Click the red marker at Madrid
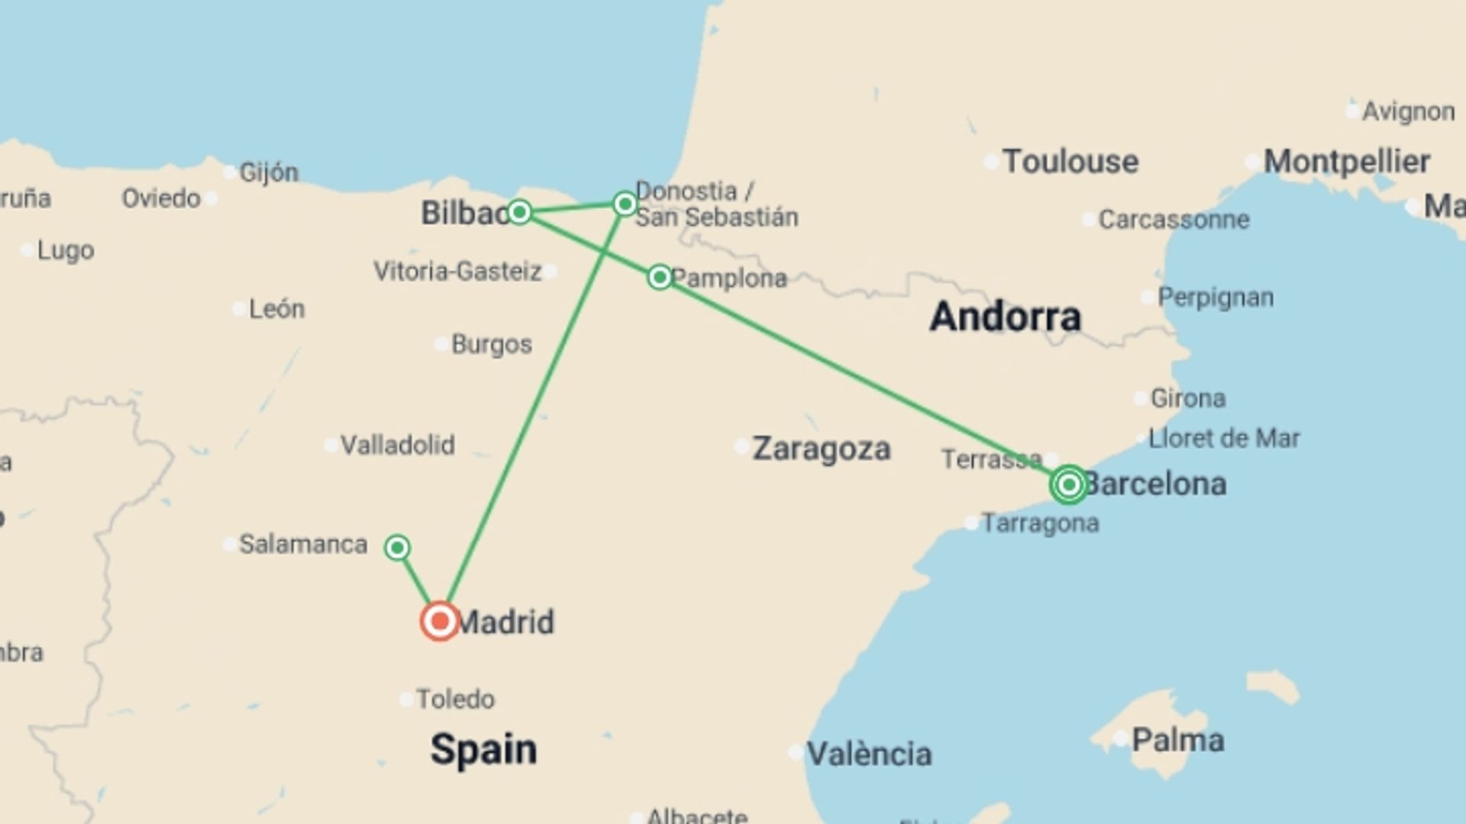pyautogui.click(x=440, y=621)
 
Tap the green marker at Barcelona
pyautogui.click(x=1069, y=484)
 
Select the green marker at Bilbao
pyautogui.click(x=519, y=211)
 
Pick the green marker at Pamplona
pyautogui.click(x=660, y=276)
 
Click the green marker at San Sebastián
pyautogui.click(x=625, y=204)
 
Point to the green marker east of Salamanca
pyautogui.click(x=397, y=547)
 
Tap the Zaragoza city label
pyautogui.click(x=821, y=449)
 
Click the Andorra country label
pyautogui.click(x=1005, y=316)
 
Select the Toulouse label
pyautogui.click(x=1070, y=162)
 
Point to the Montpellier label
pyautogui.click(x=1346, y=162)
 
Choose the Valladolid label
pyautogui.click(x=397, y=445)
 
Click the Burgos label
pyautogui.click(x=491, y=344)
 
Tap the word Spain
pyautogui.click(x=483, y=749)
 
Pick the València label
pyautogui.click(x=869, y=754)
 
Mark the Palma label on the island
pyautogui.click(x=1177, y=739)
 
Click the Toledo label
pyautogui.click(x=455, y=699)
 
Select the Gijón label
pyautogui.click(x=269, y=172)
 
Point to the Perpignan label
pyautogui.click(x=1215, y=297)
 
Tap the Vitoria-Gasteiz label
pyautogui.click(x=457, y=271)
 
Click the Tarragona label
pyautogui.click(x=1040, y=523)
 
